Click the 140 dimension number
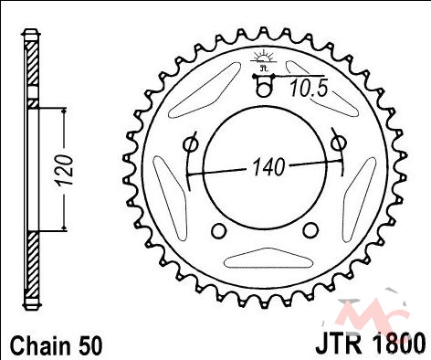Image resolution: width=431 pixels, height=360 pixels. tap(268, 166)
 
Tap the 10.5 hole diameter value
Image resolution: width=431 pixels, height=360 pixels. tap(309, 89)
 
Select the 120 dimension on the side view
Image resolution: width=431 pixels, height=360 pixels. tap(65, 170)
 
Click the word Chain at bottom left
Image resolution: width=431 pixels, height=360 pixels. tap(39, 346)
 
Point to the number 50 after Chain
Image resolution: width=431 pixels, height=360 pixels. tap(90, 346)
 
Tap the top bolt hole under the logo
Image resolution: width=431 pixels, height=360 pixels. tap(263, 90)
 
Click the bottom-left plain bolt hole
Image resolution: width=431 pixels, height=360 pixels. tap(218, 230)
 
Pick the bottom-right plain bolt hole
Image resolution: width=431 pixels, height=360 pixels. tap(310, 230)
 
